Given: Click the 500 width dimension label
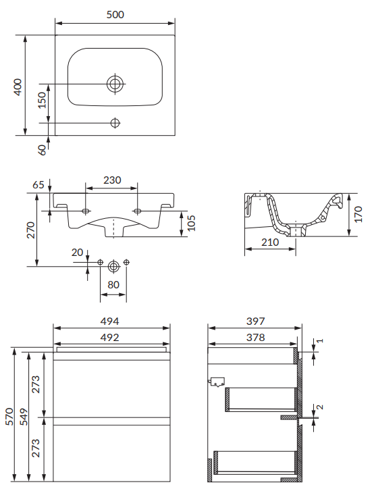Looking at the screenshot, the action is click(115, 14).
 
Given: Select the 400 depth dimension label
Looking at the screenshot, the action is click(18, 87).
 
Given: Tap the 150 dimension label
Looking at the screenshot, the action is click(41, 101).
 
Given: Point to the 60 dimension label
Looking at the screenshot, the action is click(42, 150).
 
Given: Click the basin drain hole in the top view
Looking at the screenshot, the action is click(115, 84).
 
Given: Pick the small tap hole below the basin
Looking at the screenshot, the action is click(115, 123).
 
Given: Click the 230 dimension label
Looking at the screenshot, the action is click(112, 180).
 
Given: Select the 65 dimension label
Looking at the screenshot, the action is click(38, 184).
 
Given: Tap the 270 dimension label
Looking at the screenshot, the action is click(31, 230).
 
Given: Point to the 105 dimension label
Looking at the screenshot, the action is click(190, 223).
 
